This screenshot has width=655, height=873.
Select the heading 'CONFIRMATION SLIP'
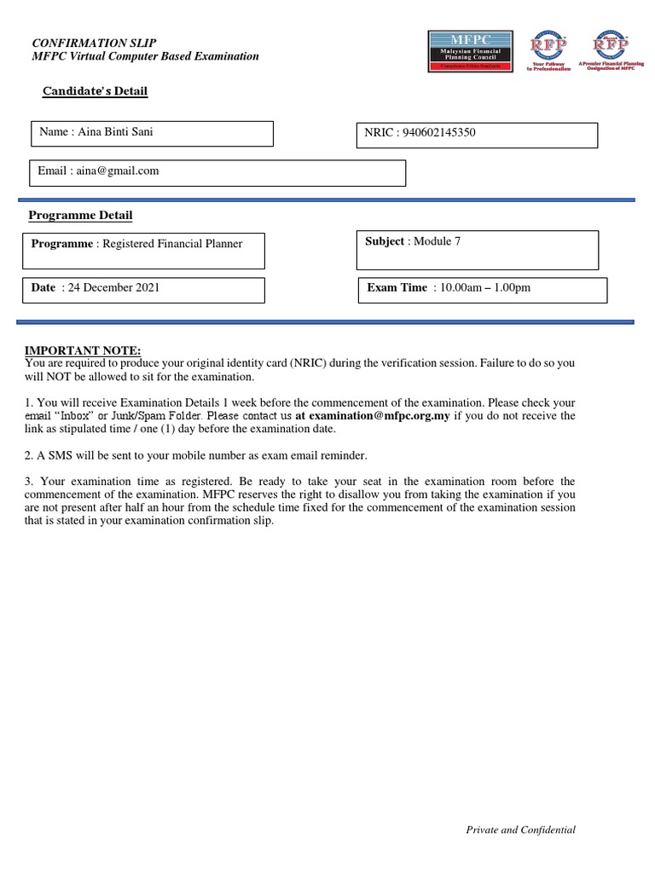tap(94, 43)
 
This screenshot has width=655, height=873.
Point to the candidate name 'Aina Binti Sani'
tap(116, 131)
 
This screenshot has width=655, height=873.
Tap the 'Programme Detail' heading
tap(81, 216)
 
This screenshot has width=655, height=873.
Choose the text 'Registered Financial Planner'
tap(172, 244)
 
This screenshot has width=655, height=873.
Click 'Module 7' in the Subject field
tap(437, 241)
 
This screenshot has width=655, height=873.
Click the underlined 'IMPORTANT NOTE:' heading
tap(82, 351)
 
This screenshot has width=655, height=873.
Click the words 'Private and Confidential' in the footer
tap(520, 830)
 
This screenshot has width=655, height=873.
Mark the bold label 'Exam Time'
tap(397, 287)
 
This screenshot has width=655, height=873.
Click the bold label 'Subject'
tap(385, 241)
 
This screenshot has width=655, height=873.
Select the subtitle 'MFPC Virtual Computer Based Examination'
tap(145, 56)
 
